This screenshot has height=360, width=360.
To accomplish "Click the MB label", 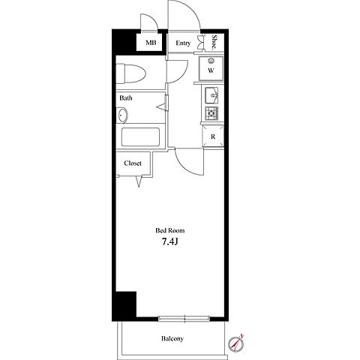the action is [151, 43].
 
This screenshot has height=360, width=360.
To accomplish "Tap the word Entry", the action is [183, 43].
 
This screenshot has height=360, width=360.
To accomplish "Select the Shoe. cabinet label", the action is [214, 42].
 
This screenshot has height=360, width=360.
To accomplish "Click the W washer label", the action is [211, 70].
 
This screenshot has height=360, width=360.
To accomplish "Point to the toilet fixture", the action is [130, 73].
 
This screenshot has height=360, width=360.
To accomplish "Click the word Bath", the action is [126, 97].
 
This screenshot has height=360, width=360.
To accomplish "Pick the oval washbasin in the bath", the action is [122, 115].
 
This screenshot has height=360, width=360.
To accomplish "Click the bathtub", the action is [140, 137].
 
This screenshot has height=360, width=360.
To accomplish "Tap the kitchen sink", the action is [211, 95].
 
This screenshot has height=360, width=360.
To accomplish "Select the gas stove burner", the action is [211, 113].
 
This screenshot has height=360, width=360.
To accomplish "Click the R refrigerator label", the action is [213, 136].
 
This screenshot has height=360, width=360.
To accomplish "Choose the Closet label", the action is [133, 163].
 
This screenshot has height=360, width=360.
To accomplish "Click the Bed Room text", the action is [170, 230].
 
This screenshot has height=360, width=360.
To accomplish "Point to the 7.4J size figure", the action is [169, 241].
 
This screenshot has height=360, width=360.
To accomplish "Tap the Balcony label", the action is [172, 338].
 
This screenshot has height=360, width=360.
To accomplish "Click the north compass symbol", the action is [235, 343].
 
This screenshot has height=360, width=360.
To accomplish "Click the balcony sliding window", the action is [184, 319].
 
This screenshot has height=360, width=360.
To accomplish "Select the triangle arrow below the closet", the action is [139, 181].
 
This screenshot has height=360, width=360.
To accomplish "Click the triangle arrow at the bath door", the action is [161, 106].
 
